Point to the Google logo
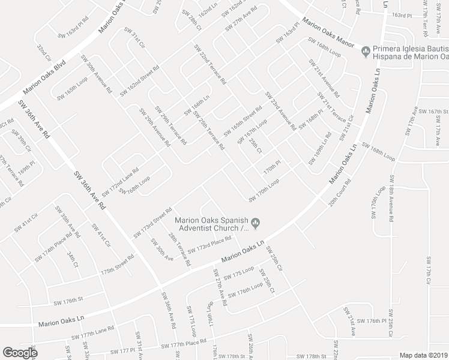coord(19,353)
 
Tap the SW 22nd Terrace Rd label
coord(209,64)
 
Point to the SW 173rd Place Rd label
coord(209,245)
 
